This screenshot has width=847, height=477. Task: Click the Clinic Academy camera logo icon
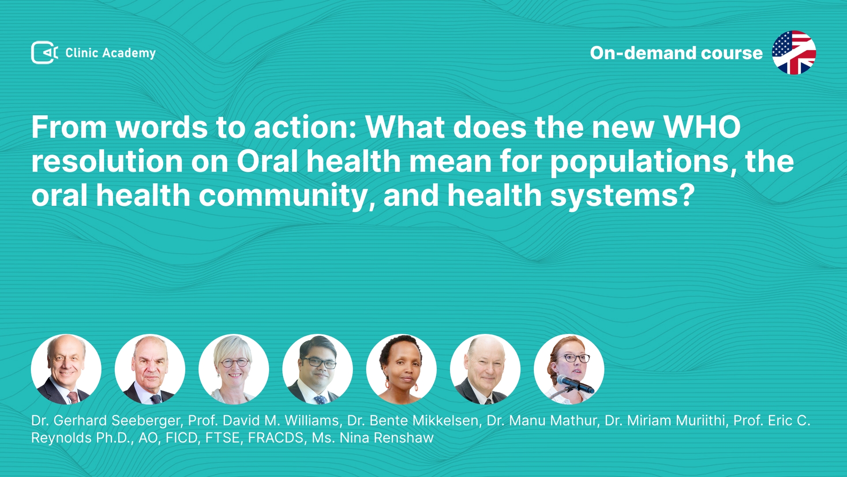coord(45,53)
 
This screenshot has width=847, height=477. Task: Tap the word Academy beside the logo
coord(129,53)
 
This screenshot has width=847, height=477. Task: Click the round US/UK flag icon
coord(794,53)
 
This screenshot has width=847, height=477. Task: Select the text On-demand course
coord(676,53)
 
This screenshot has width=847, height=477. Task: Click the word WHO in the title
coord(702,127)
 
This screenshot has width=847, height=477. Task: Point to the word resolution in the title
coord(107,161)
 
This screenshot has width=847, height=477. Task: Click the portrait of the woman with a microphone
coord(569,369)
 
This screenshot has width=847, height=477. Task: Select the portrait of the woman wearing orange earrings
coord(401,369)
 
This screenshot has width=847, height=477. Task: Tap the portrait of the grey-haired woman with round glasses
coord(234,369)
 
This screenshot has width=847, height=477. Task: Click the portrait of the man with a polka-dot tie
coord(318,369)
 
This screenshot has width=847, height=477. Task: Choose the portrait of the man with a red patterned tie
coord(66,369)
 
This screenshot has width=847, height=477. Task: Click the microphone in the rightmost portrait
coord(574,383)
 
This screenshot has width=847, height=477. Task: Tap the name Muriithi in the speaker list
coord(698,421)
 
